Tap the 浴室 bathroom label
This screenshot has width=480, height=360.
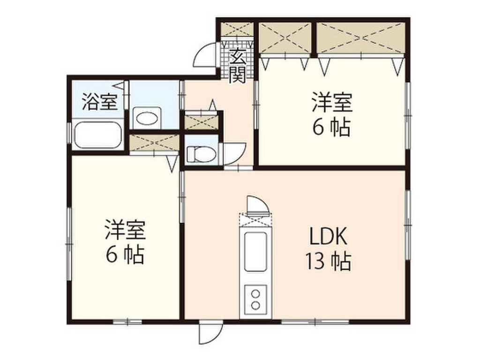click(x=99, y=102)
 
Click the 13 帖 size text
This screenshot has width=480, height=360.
click(x=328, y=262)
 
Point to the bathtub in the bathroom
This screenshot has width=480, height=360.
click(x=97, y=135)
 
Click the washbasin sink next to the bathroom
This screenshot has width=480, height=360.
click(x=146, y=119)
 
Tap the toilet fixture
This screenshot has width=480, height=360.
click(x=199, y=153)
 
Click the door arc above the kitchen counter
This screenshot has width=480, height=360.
click(x=257, y=204)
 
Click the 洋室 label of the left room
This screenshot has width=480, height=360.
click(x=125, y=231)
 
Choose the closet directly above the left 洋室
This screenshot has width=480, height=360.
click(x=154, y=142)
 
